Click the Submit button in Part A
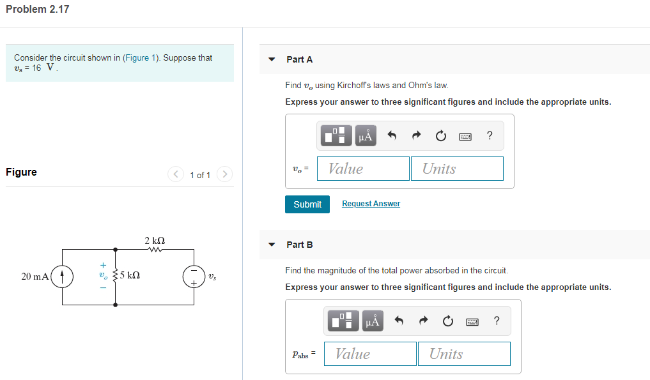tap(307, 204)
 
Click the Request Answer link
tap(371, 204)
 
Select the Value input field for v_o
tap(363, 169)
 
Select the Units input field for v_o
tap(456, 169)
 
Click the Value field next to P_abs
tap(370, 354)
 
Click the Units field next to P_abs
tap(463, 354)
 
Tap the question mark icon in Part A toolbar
tap(490, 135)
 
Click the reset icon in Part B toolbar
tap(447, 321)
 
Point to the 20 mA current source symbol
tap(62, 277)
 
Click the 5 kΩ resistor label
tap(130, 277)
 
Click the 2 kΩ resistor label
tap(155, 241)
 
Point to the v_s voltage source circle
tap(194, 277)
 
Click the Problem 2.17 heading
tap(37, 10)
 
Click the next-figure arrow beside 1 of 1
tap(224, 174)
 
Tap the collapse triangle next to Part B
tap(272, 245)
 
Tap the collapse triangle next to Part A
tap(272, 59)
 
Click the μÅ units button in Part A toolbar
tap(366, 135)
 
